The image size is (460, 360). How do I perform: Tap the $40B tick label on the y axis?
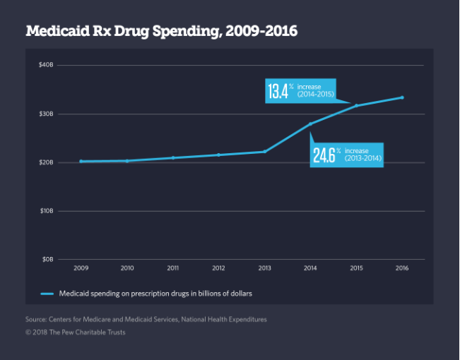[46, 65]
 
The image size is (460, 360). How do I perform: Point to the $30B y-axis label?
[46, 114]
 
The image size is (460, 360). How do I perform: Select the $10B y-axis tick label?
[46, 211]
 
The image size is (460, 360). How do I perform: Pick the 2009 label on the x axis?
[81, 269]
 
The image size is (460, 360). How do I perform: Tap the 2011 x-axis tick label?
[173, 269]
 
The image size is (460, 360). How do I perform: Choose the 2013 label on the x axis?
[265, 269]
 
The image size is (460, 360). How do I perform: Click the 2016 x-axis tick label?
[402, 269]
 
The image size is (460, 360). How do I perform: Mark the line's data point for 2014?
[310, 124]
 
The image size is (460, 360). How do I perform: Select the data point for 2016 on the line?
[402, 97]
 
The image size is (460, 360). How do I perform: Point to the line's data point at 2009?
[81, 161]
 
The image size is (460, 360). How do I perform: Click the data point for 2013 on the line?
[265, 151]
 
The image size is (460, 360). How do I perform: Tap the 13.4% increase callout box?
[300, 91]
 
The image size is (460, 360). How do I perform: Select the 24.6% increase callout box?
[346, 154]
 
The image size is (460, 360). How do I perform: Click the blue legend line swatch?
[48, 293]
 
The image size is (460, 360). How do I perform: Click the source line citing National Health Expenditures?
[146, 320]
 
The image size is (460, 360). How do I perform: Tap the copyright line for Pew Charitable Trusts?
[75, 332]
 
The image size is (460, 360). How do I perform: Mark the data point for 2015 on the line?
[356, 105]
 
